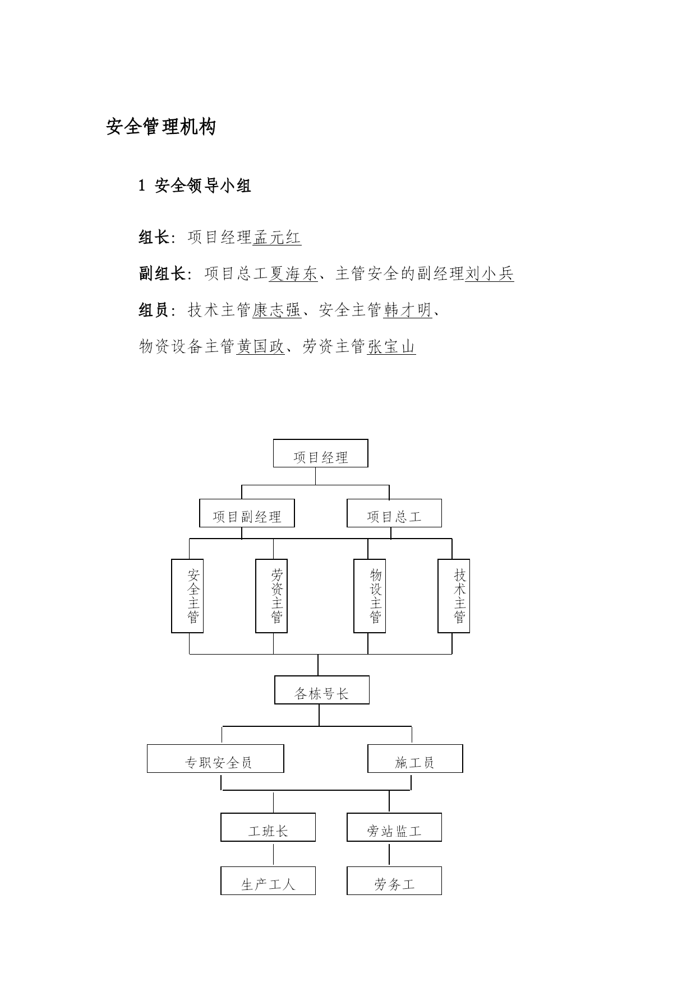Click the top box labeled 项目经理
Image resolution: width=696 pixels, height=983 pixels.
[320, 453]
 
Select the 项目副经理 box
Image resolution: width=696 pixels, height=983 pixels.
[247, 513]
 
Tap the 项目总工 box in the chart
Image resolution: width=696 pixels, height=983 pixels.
[394, 513]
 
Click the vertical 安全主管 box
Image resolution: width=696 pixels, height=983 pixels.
[187, 596]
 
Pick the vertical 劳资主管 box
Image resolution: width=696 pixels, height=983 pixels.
[271, 596]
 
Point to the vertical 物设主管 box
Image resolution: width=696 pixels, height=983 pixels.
[370, 596]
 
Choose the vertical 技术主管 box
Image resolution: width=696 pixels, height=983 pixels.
[454, 596]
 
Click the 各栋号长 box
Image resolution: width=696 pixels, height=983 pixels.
[322, 690]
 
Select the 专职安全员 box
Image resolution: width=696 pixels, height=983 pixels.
[215, 759]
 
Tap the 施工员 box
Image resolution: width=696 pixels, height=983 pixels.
[415, 759]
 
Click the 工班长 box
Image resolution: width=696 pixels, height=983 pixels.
[268, 827]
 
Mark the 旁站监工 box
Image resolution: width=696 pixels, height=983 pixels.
[394, 827]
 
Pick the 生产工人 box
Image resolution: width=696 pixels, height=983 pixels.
[268, 881]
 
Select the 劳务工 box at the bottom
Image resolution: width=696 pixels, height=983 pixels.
[394, 881]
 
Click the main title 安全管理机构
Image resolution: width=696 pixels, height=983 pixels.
[161, 127]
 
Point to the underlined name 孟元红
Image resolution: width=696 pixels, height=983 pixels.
[277, 238]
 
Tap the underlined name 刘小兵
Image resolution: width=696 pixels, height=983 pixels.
[490, 273]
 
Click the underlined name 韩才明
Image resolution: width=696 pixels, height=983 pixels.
[408, 310]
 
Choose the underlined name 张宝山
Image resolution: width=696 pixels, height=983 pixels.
[391, 347]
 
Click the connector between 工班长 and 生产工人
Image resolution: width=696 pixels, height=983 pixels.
[274, 854]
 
